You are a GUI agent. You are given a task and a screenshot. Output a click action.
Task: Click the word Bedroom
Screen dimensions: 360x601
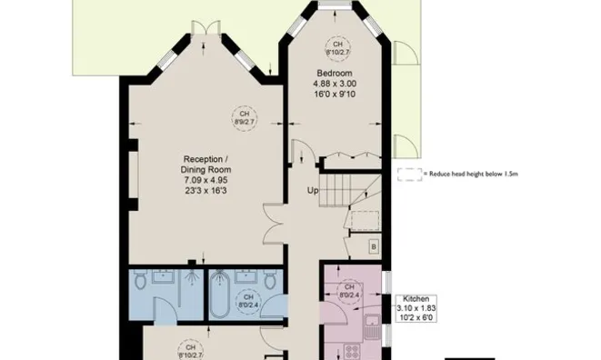[x=336, y=73]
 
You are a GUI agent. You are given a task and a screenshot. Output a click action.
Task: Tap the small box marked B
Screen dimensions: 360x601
[x=373, y=246]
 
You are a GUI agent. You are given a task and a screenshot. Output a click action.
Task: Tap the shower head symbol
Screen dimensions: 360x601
[x=193, y=265]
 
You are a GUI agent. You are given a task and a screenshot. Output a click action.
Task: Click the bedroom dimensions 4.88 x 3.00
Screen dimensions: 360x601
[x=336, y=85]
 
